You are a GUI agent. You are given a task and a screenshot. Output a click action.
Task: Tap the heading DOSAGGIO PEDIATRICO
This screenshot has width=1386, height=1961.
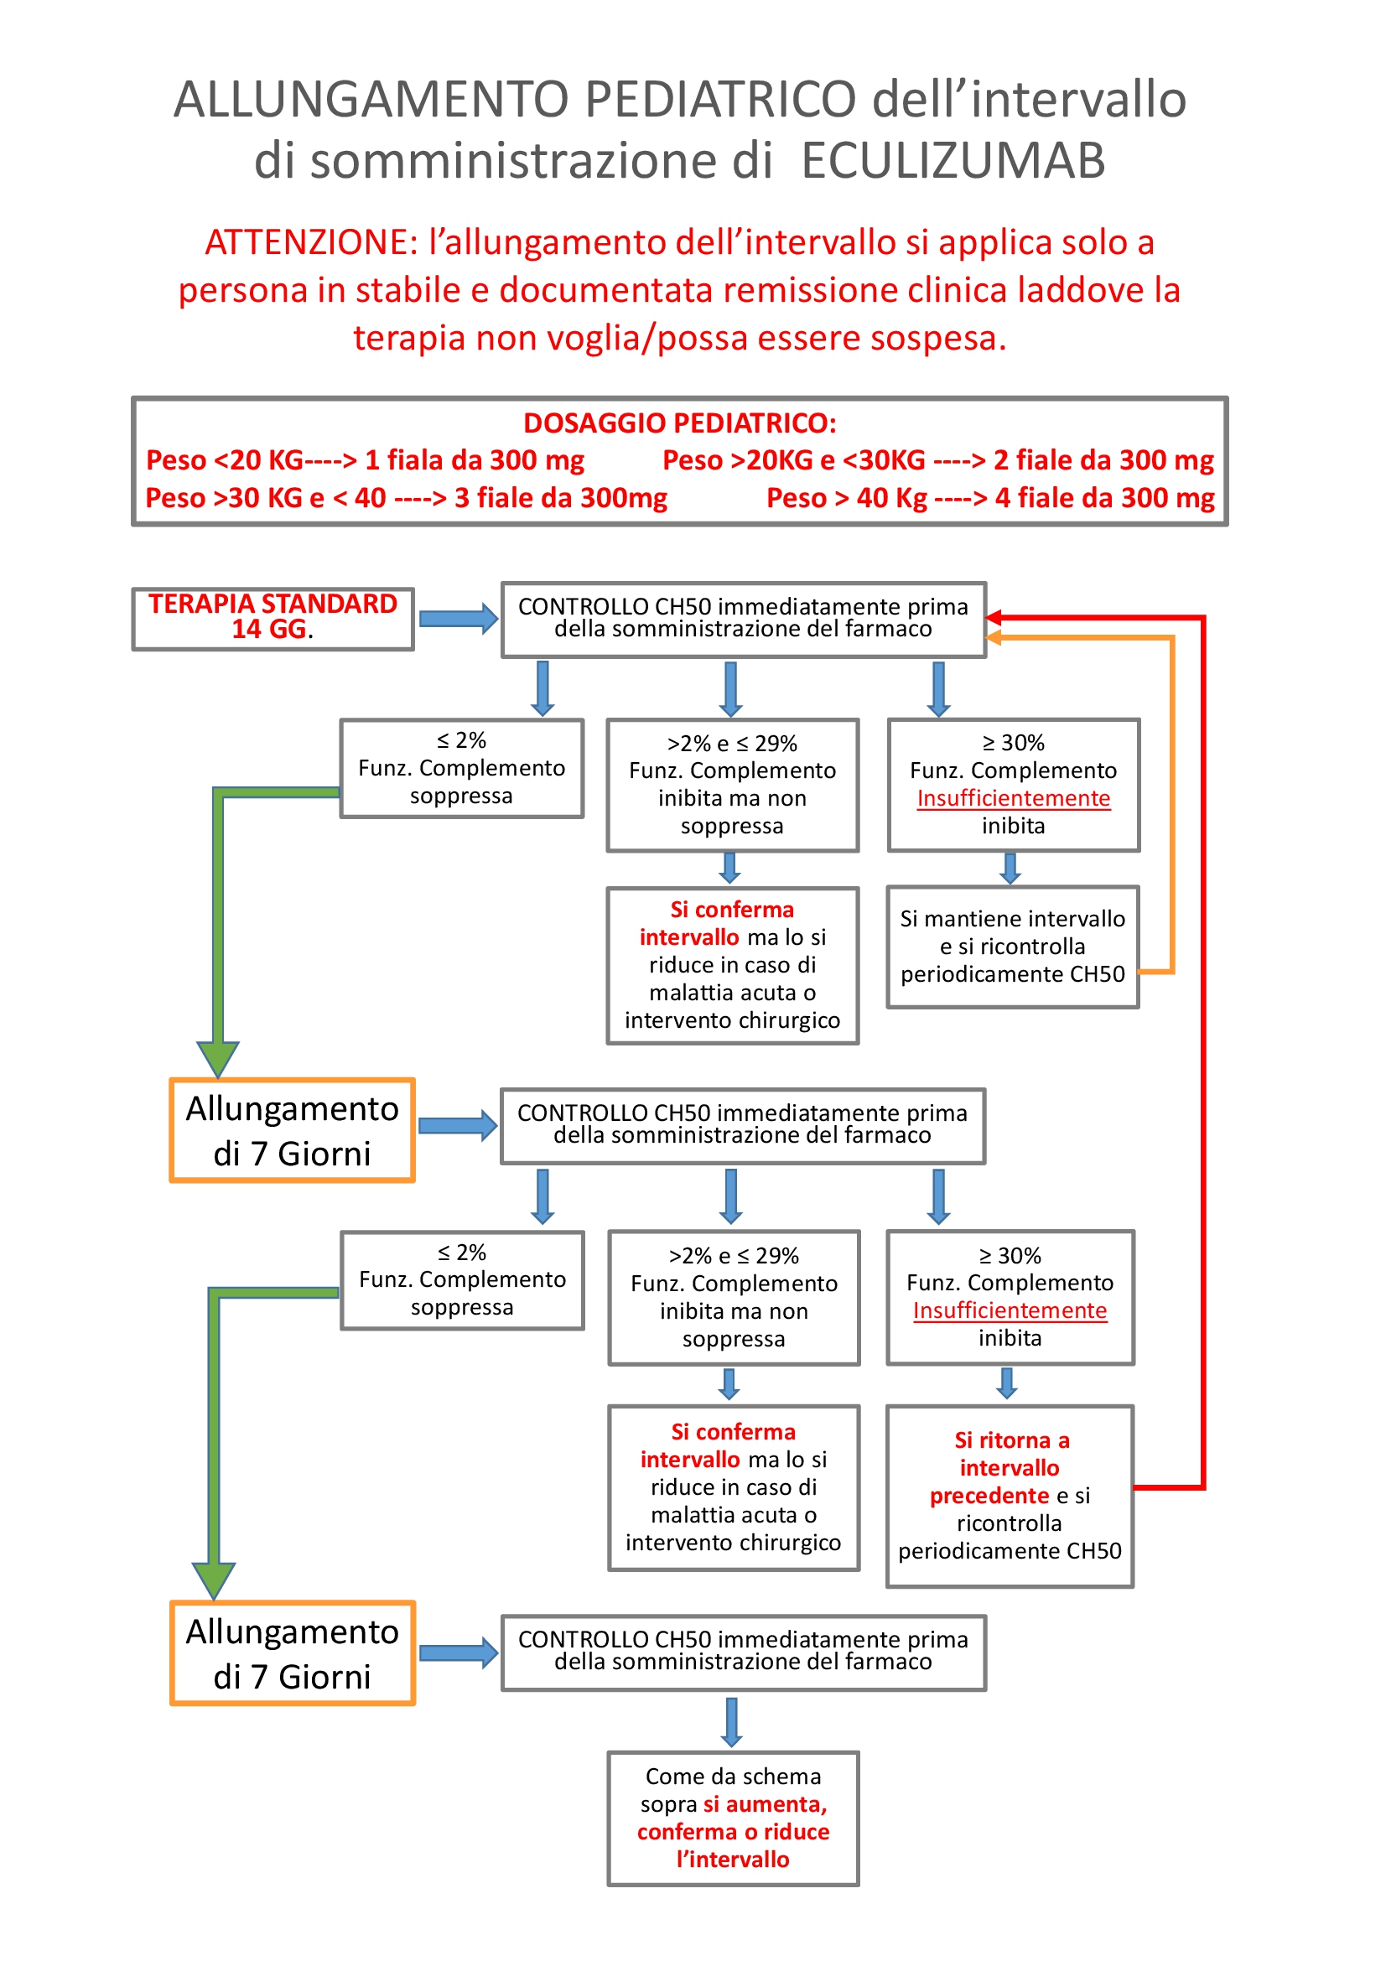coord(680,423)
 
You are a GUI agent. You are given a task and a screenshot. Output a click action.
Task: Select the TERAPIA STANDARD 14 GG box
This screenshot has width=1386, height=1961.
coord(273,619)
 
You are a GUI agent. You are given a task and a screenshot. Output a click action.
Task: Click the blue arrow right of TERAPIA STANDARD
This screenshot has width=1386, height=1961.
coord(459,619)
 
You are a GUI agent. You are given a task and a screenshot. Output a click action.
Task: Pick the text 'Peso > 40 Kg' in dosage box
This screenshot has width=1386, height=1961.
coord(845,497)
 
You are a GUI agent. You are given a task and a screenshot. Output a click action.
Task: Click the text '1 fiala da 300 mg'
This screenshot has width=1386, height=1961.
coord(475,460)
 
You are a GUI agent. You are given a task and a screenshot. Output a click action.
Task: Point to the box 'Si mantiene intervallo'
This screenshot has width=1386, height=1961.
coord(1013,947)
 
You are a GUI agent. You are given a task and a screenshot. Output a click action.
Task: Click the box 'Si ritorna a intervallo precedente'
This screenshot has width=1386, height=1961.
coord(1010,1496)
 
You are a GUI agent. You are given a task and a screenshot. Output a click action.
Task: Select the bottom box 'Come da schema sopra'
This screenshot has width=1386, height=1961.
coord(733,1818)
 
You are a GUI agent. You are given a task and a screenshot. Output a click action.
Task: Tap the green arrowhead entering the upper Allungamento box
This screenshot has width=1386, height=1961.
coord(218,1059)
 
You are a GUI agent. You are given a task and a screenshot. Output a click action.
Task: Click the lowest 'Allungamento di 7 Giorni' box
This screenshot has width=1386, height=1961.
coord(292,1653)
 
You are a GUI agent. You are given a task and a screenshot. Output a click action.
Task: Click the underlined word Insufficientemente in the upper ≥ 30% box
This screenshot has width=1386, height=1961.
coord(1013,797)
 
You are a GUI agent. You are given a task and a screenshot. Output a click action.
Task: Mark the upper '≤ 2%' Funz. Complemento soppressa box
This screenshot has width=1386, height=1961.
coord(461,768)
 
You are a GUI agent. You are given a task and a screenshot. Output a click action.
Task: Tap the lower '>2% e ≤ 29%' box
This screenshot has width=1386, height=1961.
coord(734,1296)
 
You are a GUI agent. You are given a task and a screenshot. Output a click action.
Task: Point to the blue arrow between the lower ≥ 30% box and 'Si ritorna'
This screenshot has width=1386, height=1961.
coord(1007,1383)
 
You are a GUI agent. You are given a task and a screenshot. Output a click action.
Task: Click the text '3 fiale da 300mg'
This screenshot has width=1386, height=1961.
coord(560,497)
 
